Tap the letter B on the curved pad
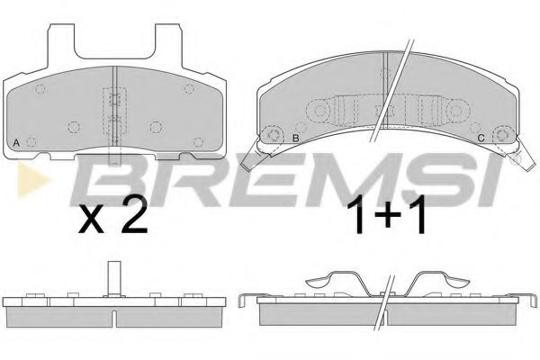pos(295,137)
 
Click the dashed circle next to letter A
pos(33,140)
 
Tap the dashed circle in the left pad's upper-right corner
pos(189,88)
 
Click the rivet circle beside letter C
pos(505,137)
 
